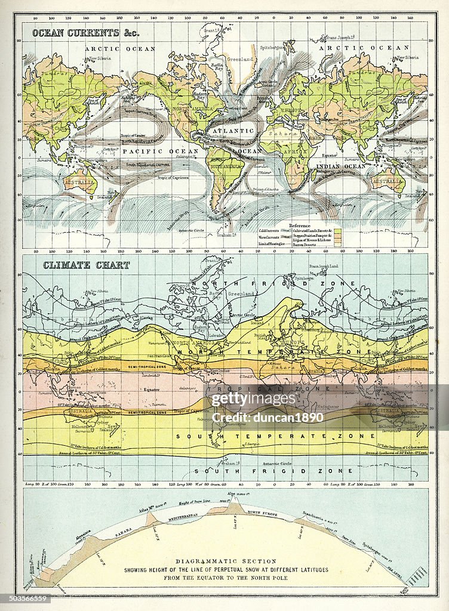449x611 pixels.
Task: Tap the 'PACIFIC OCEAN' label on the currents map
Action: tap(152, 152)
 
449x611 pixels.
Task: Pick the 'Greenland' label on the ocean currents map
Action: tap(243, 60)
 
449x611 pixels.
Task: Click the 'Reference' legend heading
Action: tap(300, 226)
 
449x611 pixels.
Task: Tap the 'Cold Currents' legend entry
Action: tap(269, 230)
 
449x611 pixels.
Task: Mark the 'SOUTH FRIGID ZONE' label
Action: tap(226, 471)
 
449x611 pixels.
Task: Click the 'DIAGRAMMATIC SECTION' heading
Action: tap(225, 561)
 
